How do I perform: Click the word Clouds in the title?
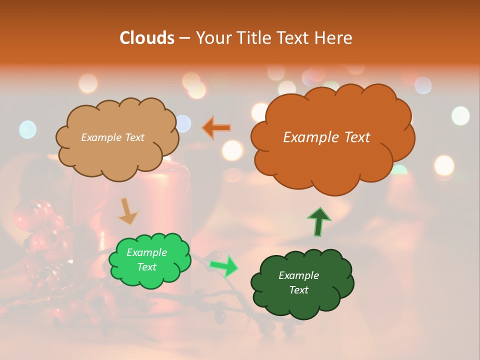click(147, 38)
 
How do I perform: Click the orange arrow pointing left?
click(216, 128)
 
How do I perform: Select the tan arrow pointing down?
click(127, 211)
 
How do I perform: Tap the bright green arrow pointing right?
click(224, 265)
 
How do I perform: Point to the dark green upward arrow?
click(318, 221)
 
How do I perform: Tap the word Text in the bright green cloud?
click(146, 267)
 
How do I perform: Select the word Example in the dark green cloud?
click(298, 275)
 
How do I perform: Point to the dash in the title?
click(184, 38)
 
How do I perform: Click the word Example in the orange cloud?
click(305, 137)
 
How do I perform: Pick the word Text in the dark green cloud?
click(298, 290)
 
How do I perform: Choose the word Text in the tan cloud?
click(134, 137)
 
